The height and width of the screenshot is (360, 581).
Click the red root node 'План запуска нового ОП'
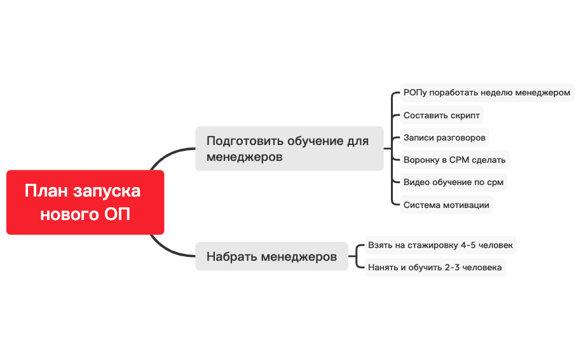85,202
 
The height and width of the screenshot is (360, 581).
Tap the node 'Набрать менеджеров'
271,256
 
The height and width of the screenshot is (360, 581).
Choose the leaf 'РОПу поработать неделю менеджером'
487,92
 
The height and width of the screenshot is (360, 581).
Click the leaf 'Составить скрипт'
441,115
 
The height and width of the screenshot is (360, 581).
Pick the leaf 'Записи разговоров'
444,137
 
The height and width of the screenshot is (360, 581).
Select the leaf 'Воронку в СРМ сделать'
455,160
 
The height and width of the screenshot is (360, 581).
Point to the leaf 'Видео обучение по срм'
453,182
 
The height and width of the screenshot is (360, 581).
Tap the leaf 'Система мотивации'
446,205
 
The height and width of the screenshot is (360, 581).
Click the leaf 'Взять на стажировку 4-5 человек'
440,245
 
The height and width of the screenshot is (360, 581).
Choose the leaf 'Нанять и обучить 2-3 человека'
435,267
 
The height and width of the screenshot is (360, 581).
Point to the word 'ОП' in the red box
117,214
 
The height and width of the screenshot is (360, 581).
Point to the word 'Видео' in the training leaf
416,182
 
